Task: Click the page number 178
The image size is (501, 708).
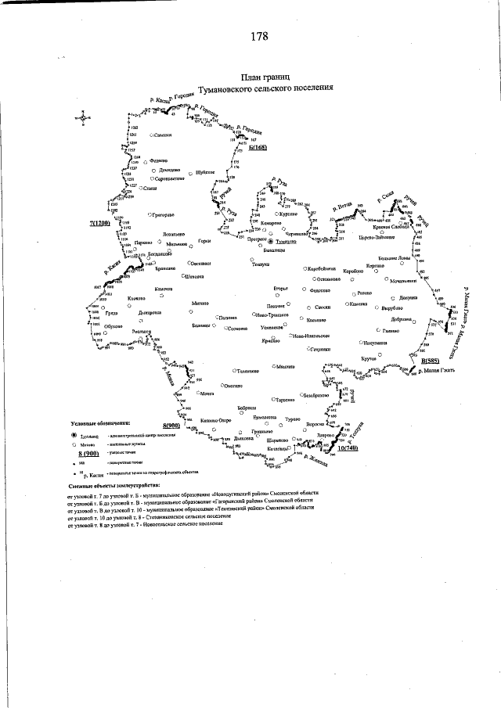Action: click(259, 36)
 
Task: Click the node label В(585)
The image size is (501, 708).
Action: click(430, 361)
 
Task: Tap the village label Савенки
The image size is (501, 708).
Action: click(162, 136)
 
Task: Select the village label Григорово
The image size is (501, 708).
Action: click(162, 214)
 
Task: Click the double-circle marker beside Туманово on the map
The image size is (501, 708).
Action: click(271, 243)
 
